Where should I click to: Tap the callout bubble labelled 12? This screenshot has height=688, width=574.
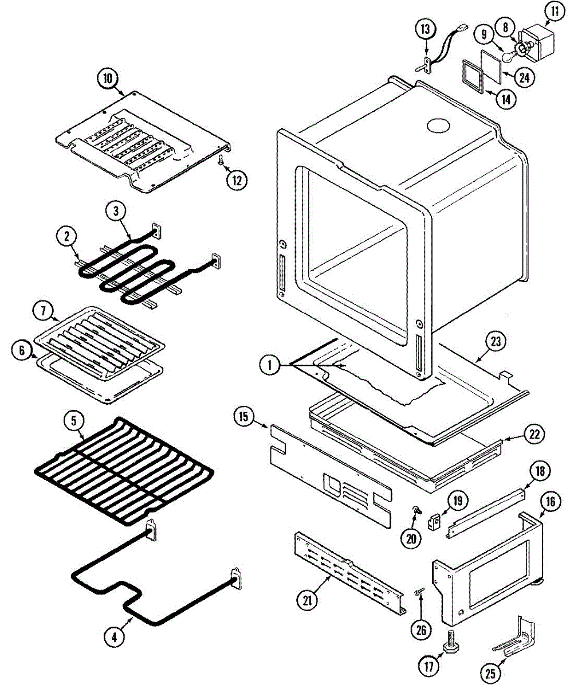point(237,179)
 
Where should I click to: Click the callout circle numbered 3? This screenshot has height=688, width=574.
point(116,212)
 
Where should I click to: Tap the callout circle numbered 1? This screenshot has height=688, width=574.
point(269,364)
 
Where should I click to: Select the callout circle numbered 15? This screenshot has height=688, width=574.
point(243,417)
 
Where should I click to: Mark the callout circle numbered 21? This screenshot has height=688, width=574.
point(308,601)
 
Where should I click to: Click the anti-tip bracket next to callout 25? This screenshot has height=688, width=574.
point(517,638)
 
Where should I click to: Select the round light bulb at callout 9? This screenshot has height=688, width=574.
point(508,56)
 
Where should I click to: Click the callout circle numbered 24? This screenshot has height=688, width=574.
point(523,77)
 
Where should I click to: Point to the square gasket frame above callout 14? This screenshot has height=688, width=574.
point(474,75)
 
